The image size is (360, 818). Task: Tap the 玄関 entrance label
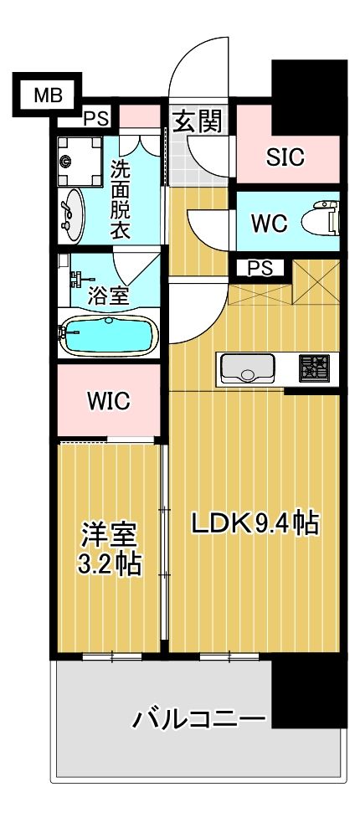click(198, 123)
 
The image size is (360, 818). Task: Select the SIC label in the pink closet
click(285, 157)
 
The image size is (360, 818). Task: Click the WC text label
click(269, 223)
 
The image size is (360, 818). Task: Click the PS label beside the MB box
click(95, 118)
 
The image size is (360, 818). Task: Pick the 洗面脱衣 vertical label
click(121, 198)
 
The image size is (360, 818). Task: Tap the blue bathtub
click(107, 337)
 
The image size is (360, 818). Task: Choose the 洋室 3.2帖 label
click(109, 548)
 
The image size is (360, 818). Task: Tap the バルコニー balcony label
click(199, 718)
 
